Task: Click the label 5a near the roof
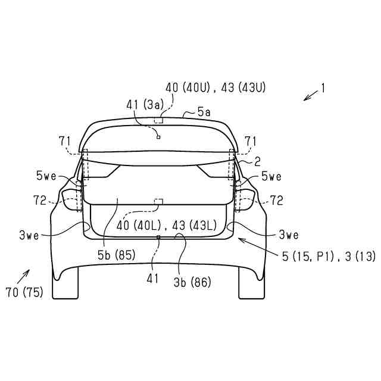(x=204, y=113)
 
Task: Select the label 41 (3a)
(x=145, y=105)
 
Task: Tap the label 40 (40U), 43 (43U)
(x=216, y=88)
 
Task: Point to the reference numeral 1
(x=323, y=89)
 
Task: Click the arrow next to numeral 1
(x=311, y=95)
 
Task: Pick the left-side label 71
(x=65, y=141)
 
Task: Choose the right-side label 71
(x=251, y=141)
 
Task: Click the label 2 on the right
(x=258, y=161)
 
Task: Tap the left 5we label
(x=46, y=176)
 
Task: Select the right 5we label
(x=271, y=176)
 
